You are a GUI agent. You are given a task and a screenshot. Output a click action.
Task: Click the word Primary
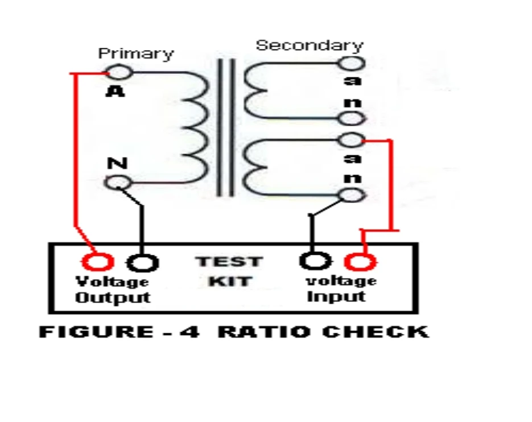[135, 54]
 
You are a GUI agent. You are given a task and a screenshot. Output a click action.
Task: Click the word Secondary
[309, 45]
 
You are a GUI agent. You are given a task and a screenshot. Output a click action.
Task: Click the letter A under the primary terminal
[115, 90]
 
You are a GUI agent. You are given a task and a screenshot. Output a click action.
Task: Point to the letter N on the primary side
[117, 163]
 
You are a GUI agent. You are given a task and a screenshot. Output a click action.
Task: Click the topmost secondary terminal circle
[351, 62]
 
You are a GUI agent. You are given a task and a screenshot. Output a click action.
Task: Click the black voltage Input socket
[315, 260]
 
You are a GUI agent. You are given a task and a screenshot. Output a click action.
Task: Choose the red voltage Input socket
[360, 262]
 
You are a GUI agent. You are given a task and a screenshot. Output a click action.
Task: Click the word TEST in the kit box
[229, 262]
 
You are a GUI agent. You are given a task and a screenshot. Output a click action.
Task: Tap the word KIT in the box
[229, 281]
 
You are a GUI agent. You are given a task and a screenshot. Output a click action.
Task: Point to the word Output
[113, 297]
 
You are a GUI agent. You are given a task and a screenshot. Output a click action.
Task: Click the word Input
[336, 296]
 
